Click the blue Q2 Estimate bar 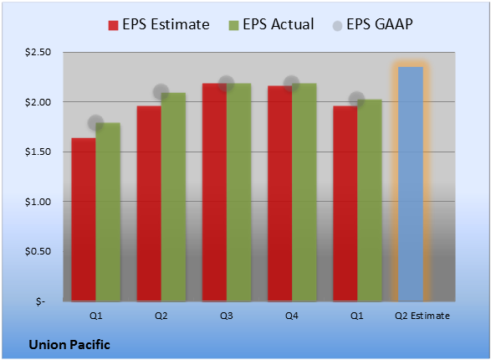point(411,184)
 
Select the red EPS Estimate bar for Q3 point(214,192)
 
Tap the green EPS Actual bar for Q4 point(304,192)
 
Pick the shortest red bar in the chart point(84,219)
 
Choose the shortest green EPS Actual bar point(108,212)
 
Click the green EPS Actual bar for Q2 point(173,197)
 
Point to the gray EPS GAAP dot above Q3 point(226,84)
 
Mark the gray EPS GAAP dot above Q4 point(292,84)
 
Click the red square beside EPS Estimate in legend point(114,25)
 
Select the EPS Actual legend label point(279,24)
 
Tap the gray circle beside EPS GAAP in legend point(338,26)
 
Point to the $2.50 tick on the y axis point(38,52)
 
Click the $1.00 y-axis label point(38,202)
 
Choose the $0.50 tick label point(38,251)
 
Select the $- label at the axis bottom point(41,301)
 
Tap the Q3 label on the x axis point(227,316)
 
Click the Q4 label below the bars point(292,316)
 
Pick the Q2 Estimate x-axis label point(422,316)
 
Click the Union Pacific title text point(69,345)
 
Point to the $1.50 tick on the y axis point(38,152)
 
